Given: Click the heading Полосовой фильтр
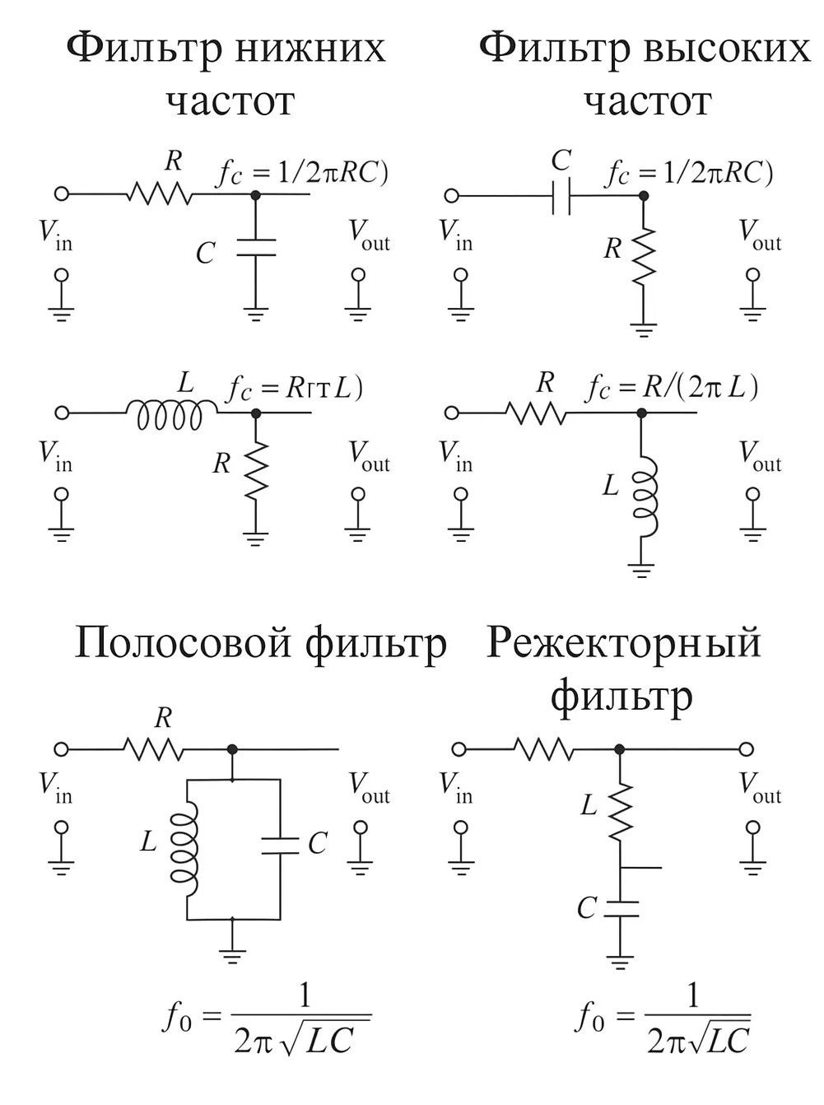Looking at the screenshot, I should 260,643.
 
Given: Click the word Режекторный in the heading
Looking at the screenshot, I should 623,643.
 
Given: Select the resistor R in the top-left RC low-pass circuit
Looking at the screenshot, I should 159,194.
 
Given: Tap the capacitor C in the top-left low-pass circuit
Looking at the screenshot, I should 255,248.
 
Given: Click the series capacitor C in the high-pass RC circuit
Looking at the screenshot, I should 561,196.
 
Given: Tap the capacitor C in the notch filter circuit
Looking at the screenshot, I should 621,909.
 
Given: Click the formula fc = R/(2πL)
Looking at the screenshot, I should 671,387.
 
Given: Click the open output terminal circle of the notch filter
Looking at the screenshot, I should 746,748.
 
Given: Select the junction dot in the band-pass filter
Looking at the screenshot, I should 234,748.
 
